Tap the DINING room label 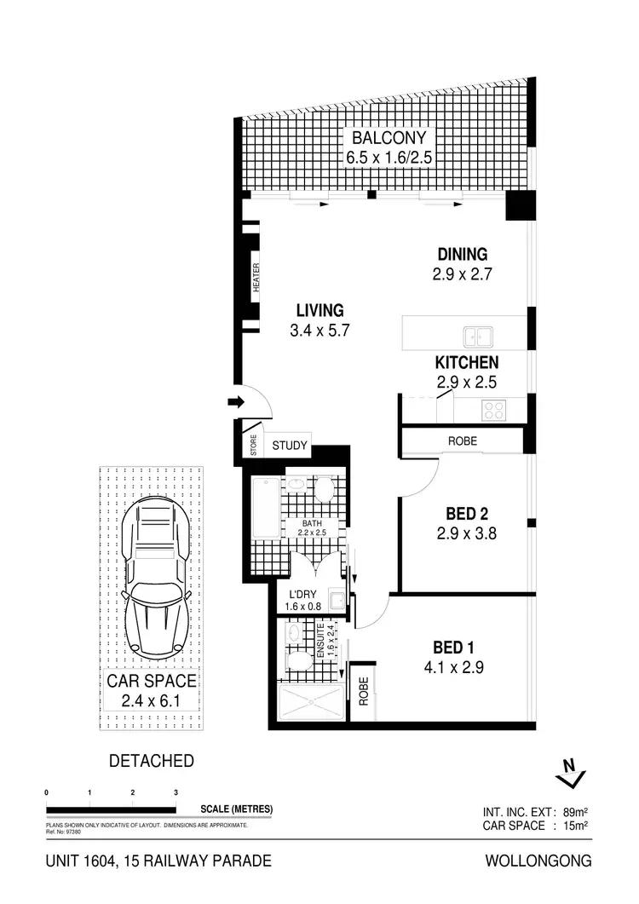[462, 254]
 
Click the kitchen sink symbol [476, 335]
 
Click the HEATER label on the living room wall [256, 278]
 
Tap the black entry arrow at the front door [234, 402]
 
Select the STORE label [253, 446]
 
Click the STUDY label [289, 446]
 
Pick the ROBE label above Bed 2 [463, 441]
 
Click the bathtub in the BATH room [262, 510]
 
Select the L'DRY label [302, 594]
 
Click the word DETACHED [151, 761]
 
